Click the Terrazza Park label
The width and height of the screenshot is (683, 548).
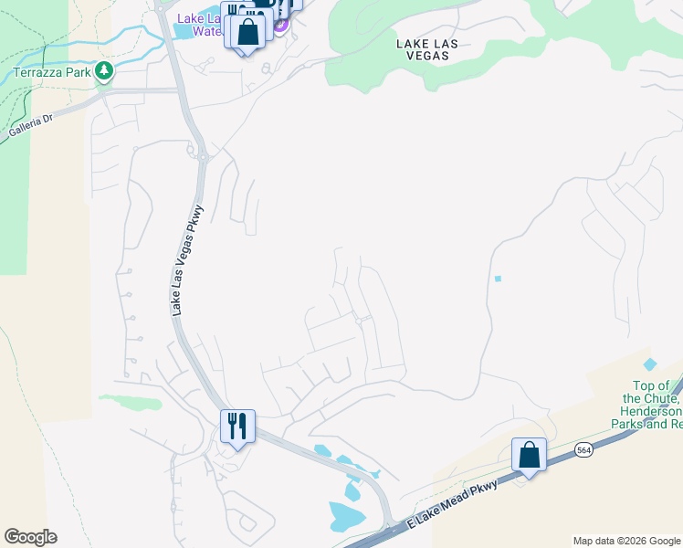click(x=50, y=72)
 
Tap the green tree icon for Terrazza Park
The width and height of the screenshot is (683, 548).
click(x=105, y=71)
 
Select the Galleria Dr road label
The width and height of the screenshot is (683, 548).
click(x=31, y=127)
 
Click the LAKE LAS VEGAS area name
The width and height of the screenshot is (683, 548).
click(x=423, y=48)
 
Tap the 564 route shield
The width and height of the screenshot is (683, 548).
click(x=584, y=450)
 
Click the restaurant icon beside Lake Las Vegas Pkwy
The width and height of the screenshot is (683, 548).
click(x=236, y=426)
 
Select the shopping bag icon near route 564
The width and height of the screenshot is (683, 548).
click(x=529, y=454)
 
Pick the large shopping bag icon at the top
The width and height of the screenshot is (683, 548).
click(x=248, y=32)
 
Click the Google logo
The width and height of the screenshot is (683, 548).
click(x=30, y=537)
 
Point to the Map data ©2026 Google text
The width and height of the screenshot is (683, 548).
click(x=625, y=541)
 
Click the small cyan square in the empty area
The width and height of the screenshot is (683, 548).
click(x=498, y=278)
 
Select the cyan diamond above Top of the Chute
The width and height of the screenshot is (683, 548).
click(x=650, y=364)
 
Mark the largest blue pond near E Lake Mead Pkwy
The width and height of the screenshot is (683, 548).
click(x=346, y=518)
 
